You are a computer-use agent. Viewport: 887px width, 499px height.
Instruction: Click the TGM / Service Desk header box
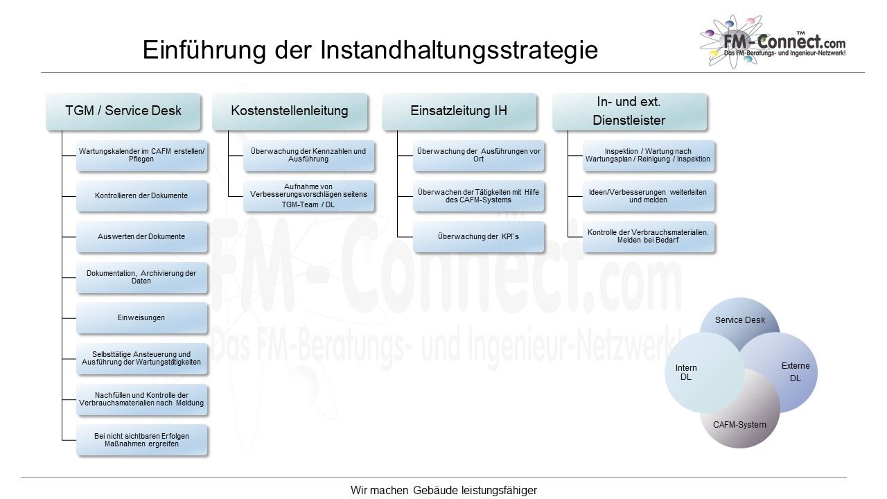click(x=123, y=112)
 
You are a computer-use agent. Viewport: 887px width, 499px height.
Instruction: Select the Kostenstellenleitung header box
click(x=290, y=112)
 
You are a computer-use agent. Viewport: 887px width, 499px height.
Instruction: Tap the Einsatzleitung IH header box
click(x=459, y=112)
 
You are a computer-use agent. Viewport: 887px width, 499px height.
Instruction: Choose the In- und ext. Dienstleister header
click(x=629, y=112)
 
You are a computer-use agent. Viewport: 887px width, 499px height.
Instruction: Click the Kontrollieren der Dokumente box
click(x=141, y=195)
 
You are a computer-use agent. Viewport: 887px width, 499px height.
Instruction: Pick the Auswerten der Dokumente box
click(x=141, y=236)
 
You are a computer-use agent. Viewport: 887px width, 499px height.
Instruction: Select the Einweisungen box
click(x=141, y=317)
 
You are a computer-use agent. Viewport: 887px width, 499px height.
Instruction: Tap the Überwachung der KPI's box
click(x=478, y=236)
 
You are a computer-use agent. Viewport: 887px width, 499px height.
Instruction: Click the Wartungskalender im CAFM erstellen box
click(x=141, y=155)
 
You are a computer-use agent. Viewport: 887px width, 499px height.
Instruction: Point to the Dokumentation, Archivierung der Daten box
click(x=141, y=277)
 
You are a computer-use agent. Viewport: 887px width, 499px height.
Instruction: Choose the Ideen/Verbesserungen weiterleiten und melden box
click(x=648, y=195)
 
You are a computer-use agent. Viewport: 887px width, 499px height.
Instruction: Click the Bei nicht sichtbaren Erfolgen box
click(x=141, y=440)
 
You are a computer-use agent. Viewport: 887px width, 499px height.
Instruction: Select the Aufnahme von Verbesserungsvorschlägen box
click(x=308, y=195)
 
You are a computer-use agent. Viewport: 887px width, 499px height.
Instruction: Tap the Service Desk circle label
click(x=739, y=320)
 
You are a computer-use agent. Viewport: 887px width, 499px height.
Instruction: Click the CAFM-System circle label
click(x=739, y=425)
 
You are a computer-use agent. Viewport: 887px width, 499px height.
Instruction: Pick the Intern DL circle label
click(x=686, y=372)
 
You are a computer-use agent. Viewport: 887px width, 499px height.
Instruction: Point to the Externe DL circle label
click(x=795, y=372)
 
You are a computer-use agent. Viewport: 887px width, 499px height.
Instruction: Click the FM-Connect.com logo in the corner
click(x=773, y=42)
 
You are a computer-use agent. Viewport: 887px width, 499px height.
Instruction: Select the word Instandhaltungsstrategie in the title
click(x=459, y=51)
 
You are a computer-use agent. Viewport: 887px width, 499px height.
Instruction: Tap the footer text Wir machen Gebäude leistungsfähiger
click(x=443, y=490)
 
